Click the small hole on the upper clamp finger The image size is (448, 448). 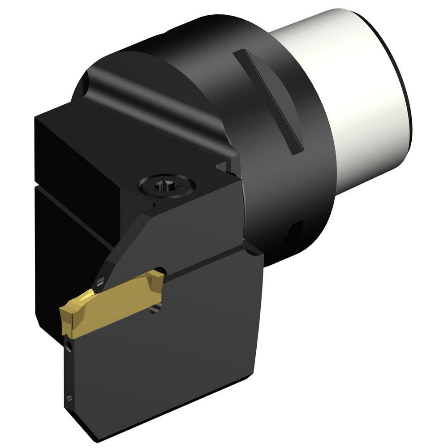click(100, 281)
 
